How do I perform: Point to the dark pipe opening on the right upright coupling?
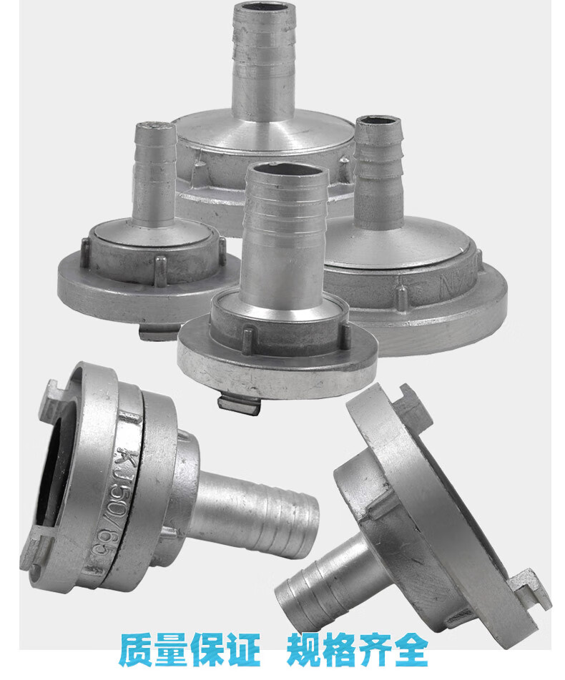(376, 122)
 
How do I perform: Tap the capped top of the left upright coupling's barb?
(155, 127)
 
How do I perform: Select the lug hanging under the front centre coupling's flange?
(240, 405)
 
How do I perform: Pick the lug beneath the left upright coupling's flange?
(158, 332)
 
